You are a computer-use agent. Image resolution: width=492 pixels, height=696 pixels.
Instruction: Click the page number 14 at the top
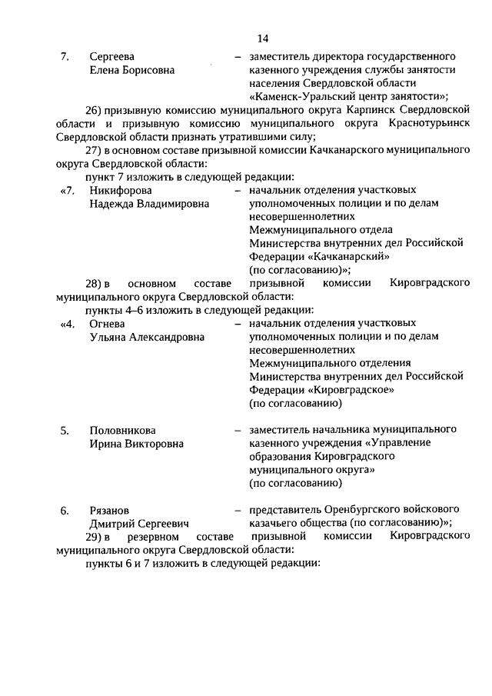(x=262, y=38)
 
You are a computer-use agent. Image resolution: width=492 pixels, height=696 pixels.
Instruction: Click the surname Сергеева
(x=112, y=57)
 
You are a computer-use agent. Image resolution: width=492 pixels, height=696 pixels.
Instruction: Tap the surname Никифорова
(x=120, y=190)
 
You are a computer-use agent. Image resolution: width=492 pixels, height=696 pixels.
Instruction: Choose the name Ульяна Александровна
(x=148, y=337)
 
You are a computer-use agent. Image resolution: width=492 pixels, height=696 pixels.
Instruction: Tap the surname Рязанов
(x=109, y=511)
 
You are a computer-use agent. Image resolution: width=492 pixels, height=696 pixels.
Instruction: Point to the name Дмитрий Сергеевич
(x=139, y=524)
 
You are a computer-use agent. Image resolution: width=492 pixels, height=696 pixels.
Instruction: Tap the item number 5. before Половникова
(x=65, y=430)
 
